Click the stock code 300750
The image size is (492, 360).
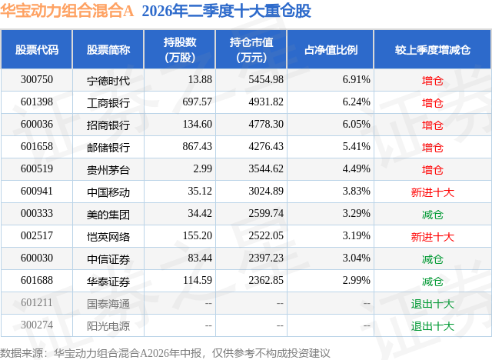[37, 80]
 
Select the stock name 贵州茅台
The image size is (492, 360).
[108, 170]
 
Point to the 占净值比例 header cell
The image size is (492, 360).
[331, 49]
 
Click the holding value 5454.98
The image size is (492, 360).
[266, 80]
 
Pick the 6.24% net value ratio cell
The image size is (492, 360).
[356, 102]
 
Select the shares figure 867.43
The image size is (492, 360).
[197, 147]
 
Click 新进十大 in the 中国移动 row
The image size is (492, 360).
[432, 192]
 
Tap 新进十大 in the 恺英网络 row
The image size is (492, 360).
[432, 237]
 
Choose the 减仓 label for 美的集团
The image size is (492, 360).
[432, 215]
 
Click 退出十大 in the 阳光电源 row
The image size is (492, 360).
[432, 326]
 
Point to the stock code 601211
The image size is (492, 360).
[37, 302]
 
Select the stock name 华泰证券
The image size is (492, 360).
[108, 282]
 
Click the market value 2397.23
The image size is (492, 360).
[266, 258]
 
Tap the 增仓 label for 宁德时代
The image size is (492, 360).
[432, 81]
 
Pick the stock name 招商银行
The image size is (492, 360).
[108, 125]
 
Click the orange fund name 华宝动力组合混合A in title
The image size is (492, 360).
[67, 11]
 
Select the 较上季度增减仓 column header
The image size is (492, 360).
[433, 49]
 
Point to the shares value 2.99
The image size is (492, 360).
[202, 169]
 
